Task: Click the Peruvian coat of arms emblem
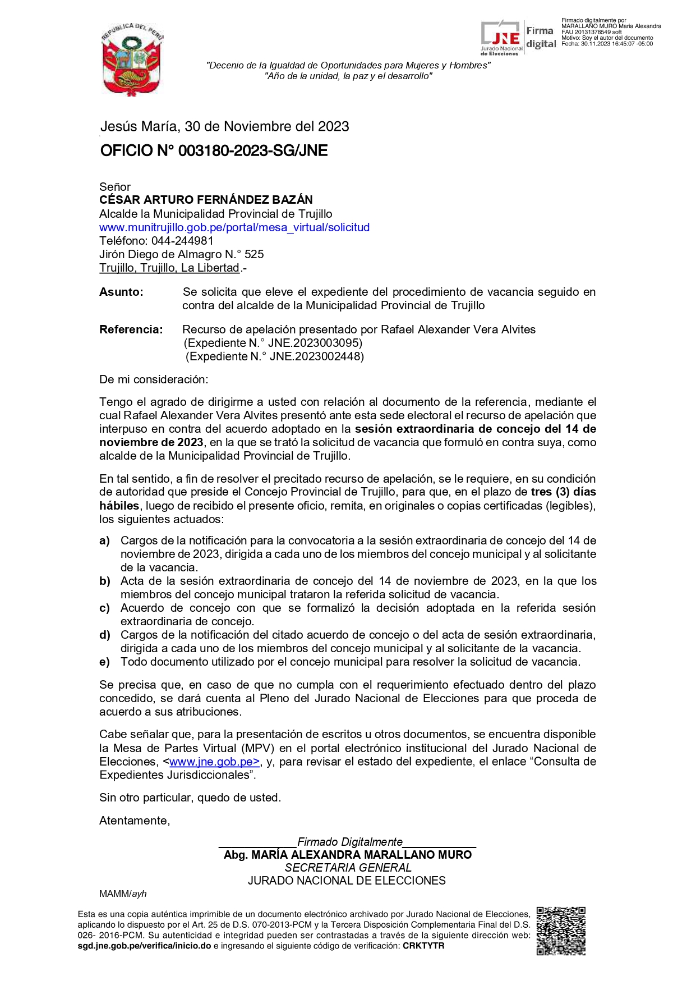coord(132,59)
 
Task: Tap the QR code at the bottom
coord(561,931)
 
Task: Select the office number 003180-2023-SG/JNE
coord(252,151)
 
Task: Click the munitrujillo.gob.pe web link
coord(234,227)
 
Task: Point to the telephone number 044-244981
coord(182,241)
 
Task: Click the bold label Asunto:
coord(121,292)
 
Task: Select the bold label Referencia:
coord(131,329)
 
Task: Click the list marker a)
coord(104,540)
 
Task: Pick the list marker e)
coord(104,662)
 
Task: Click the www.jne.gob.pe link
coord(214,762)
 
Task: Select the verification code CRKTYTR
coord(423,946)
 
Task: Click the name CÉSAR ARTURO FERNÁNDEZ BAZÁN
coord(206,200)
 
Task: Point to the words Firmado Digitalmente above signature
coord(350,842)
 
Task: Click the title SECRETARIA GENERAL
coord(348,868)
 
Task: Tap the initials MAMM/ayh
coord(123,894)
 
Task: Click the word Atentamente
coord(134,821)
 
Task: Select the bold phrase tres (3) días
coord(563,492)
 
